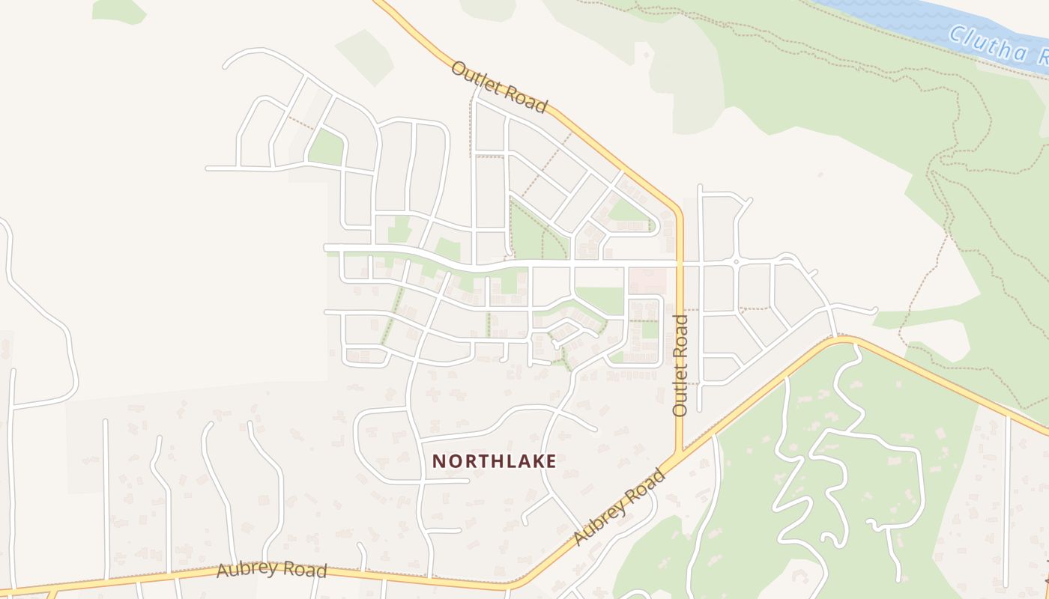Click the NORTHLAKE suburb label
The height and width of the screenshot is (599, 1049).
click(x=495, y=461)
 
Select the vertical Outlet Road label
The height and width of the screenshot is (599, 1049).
click(x=680, y=365)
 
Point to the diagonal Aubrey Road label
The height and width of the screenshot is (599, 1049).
click(x=619, y=506)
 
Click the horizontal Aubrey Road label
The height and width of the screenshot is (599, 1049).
click(x=271, y=569)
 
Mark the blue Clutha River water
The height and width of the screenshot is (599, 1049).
click(x=899, y=11)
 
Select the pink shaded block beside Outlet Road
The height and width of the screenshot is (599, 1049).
click(x=647, y=282)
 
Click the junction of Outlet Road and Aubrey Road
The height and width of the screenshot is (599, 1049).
click(x=680, y=454)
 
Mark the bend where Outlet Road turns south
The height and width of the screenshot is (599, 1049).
click(x=677, y=208)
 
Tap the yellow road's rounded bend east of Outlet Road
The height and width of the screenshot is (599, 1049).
click(x=847, y=341)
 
